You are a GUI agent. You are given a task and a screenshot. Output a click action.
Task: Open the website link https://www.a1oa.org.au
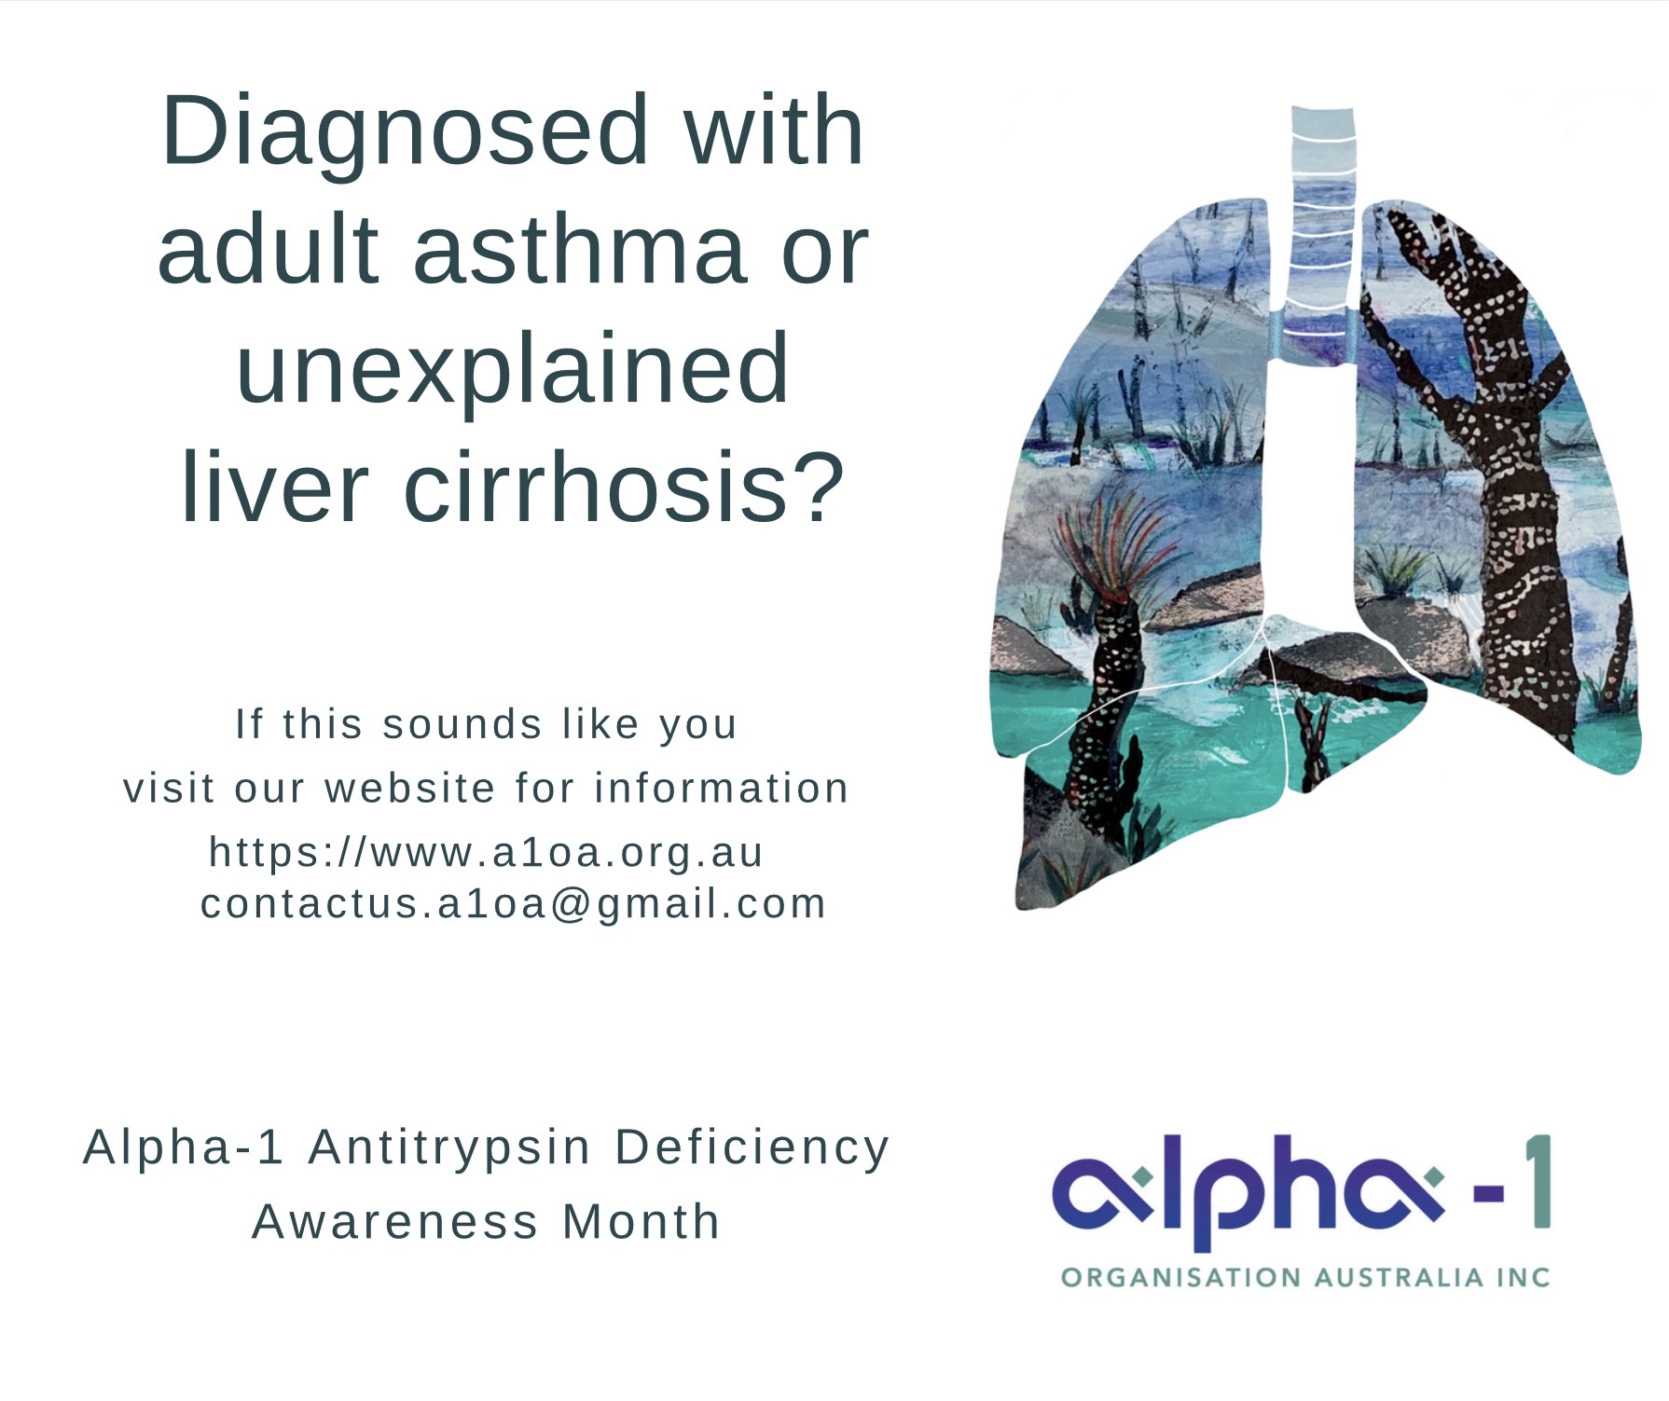(x=486, y=852)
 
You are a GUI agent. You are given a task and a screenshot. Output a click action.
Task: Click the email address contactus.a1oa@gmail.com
(x=514, y=904)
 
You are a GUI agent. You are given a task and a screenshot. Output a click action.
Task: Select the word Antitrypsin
(x=449, y=1148)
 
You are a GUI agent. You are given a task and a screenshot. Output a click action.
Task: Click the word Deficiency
(x=752, y=1148)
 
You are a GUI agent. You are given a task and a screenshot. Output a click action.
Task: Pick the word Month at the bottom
(x=641, y=1221)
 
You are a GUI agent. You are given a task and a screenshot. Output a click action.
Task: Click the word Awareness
(x=395, y=1221)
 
